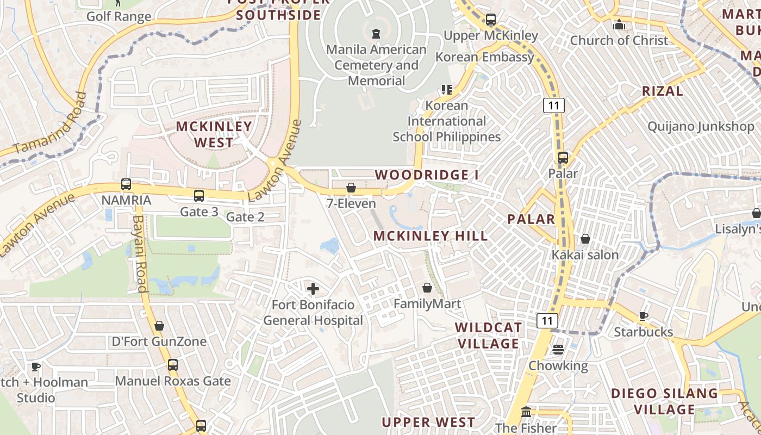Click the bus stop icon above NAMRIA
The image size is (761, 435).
(126, 184)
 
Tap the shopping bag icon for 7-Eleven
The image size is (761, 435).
(351, 188)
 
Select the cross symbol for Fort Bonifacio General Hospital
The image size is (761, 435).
(313, 289)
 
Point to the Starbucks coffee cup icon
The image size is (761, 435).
(644, 316)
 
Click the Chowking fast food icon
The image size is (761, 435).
(558, 350)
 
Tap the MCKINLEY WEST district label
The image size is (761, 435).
(214, 134)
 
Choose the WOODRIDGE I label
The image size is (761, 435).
(427, 175)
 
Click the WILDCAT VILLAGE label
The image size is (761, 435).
(489, 335)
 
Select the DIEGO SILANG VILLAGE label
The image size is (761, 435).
(665, 401)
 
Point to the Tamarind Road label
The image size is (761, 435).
(51, 124)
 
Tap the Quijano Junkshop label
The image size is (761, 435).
(701, 127)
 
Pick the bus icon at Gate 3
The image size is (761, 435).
(199, 195)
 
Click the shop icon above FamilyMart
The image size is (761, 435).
(427, 288)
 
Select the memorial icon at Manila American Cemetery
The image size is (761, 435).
(376, 34)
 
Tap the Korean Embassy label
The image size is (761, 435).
(485, 57)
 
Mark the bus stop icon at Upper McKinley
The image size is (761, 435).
(491, 20)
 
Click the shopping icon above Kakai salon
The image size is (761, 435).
(585, 239)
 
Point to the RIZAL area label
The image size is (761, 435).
(663, 91)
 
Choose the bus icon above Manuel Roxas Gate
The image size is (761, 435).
(173, 365)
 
